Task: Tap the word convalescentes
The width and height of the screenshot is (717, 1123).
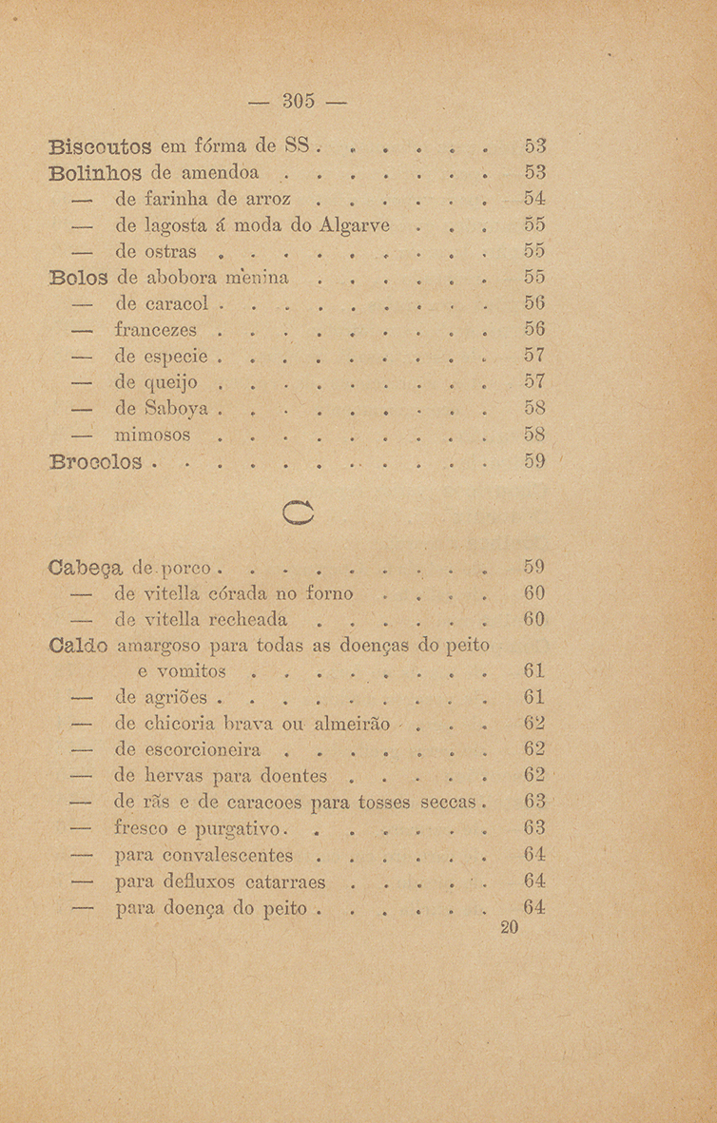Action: pyautogui.click(x=218, y=854)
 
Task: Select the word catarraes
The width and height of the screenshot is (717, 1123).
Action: pyautogui.click(x=281, y=881)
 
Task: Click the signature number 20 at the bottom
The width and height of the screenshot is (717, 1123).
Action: pyautogui.click(x=508, y=928)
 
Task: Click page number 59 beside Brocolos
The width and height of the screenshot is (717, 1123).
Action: pyautogui.click(x=533, y=463)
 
